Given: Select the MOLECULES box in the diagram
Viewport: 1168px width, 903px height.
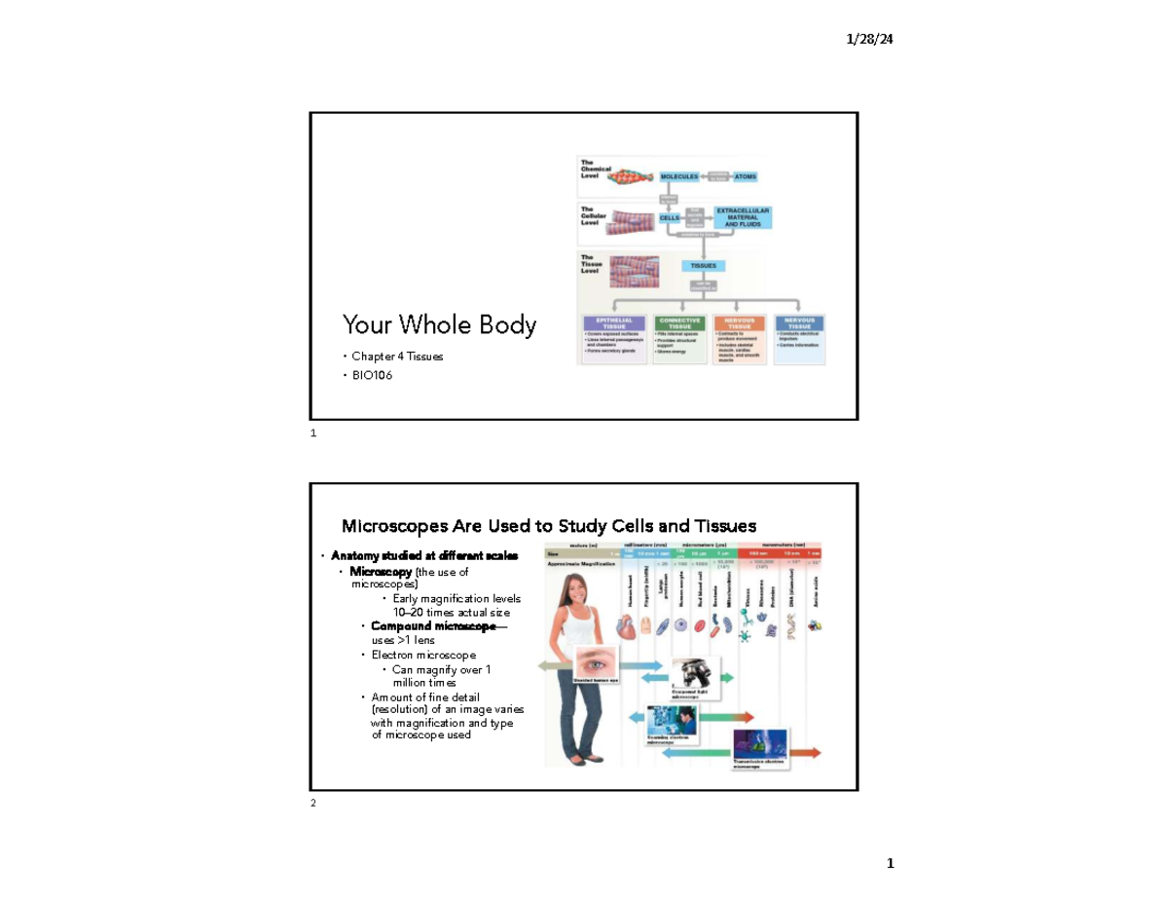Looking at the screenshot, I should point(680,176).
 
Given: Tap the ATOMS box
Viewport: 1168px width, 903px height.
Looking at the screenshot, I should point(744,176).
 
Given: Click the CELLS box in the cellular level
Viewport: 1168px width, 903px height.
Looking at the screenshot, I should point(670,218).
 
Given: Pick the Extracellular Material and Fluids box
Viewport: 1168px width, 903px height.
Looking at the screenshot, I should point(744,217).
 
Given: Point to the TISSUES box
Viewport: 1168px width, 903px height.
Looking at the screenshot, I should point(703,265).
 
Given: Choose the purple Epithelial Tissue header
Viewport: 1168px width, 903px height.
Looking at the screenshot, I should point(613,322).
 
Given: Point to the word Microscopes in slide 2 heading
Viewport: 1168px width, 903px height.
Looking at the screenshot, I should point(388,527).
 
